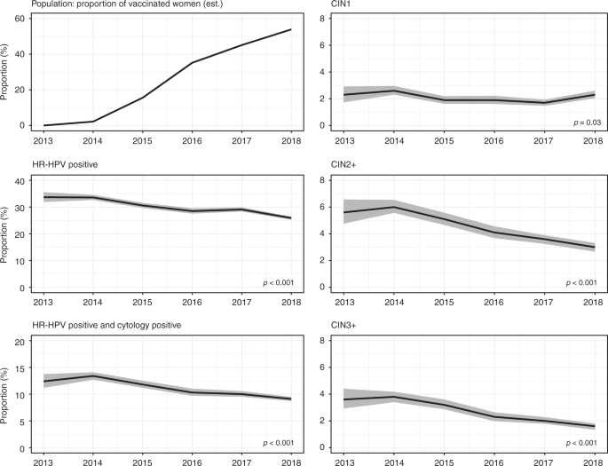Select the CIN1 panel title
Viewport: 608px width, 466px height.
pyautogui.click(x=341, y=6)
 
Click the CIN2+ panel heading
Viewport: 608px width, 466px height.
pyautogui.click(x=344, y=166)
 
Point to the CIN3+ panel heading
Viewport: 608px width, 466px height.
pyautogui.click(x=344, y=325)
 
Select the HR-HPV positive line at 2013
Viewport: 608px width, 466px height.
pyautogui.click(x=44, y=197)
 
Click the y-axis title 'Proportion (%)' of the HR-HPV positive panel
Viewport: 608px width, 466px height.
pyautogui.click(x=7, y=234)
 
